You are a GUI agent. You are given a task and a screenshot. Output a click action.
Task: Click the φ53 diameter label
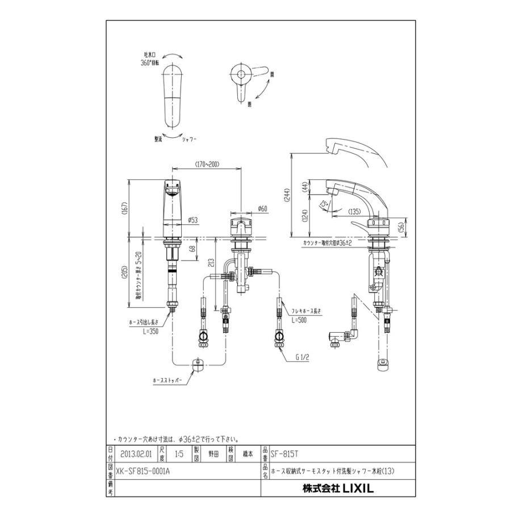(x=193, y=220)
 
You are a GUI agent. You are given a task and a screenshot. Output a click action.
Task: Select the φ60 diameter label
(x=262, y=208)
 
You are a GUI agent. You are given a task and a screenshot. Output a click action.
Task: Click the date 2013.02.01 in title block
(x=136, y=454)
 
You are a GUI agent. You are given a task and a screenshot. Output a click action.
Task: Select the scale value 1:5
(x=178, y=454)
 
